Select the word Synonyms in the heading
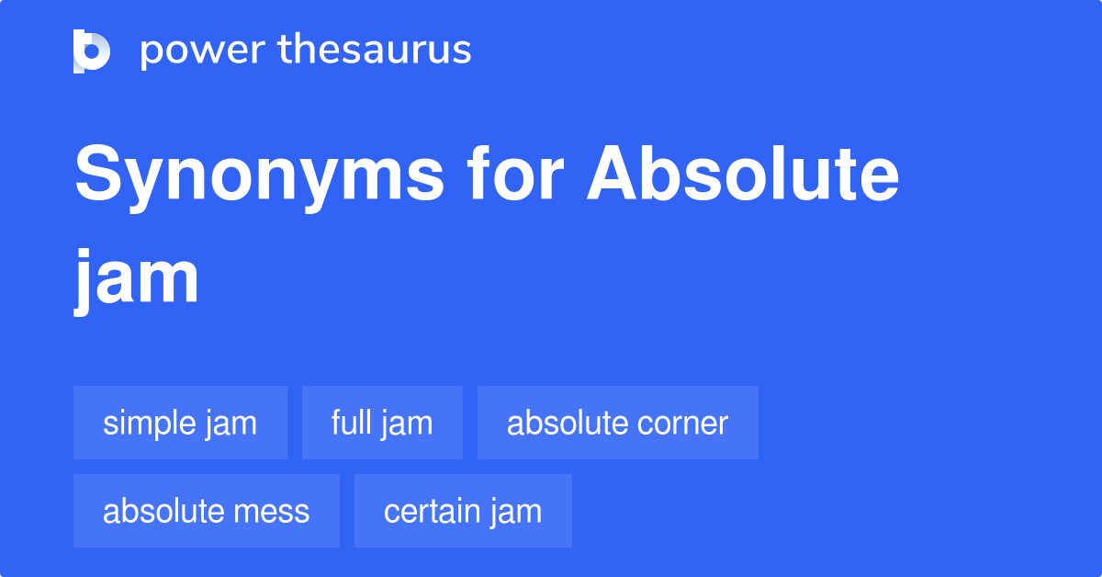coord(258,177)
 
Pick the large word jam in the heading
coord(137,277)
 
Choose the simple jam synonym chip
coord(180,423)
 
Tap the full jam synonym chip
coord(382,423)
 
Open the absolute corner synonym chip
coord(617,423)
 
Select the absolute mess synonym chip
coord(206,511)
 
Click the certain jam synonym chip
coord(463,511)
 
